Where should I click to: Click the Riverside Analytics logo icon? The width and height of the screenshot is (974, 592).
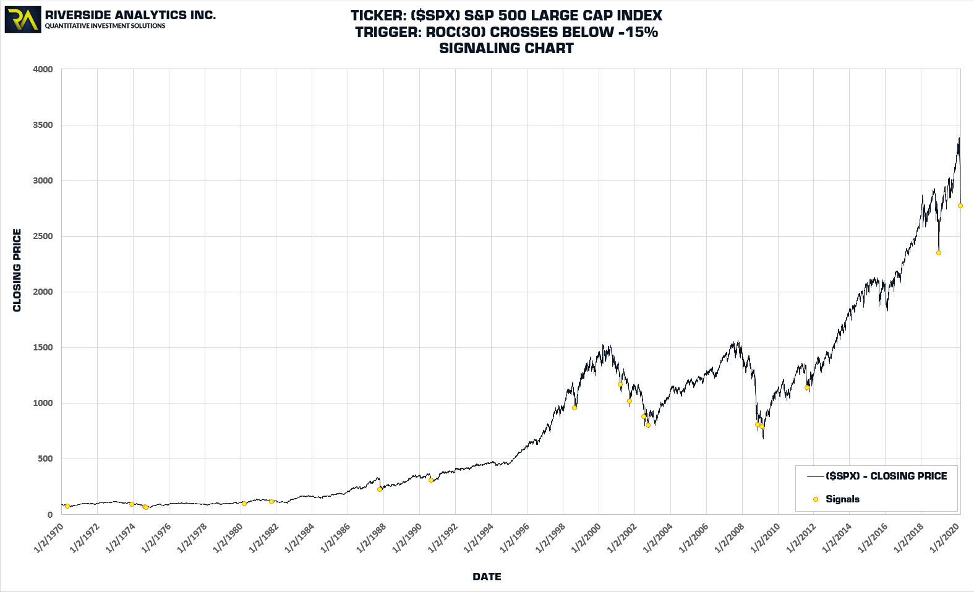coord(23,20)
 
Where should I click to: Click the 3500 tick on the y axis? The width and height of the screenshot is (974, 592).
coord(43,125)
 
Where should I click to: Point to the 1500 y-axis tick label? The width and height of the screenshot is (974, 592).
coord(43,347)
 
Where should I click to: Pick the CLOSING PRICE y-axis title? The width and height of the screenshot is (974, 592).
coord(17,270)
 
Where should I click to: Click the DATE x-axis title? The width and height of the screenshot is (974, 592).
coord(487,577)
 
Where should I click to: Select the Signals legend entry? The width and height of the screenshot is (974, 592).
coord(842,499)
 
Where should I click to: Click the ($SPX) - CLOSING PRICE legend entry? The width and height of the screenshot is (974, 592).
coord(886,476)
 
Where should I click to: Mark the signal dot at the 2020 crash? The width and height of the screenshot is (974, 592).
coord(960,206)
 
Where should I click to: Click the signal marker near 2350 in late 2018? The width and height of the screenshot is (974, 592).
coord(939,253)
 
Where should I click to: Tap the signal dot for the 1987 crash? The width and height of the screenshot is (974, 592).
coord(380,489)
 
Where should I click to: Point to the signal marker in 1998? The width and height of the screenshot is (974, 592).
coord(575,408)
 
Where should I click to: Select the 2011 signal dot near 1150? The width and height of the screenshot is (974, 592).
coord(807,387)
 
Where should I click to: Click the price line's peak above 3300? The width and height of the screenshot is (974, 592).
coord(959,138)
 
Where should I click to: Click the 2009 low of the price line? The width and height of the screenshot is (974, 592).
coord(763,438)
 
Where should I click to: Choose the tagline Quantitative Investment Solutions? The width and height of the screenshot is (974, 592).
coord(105,26)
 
